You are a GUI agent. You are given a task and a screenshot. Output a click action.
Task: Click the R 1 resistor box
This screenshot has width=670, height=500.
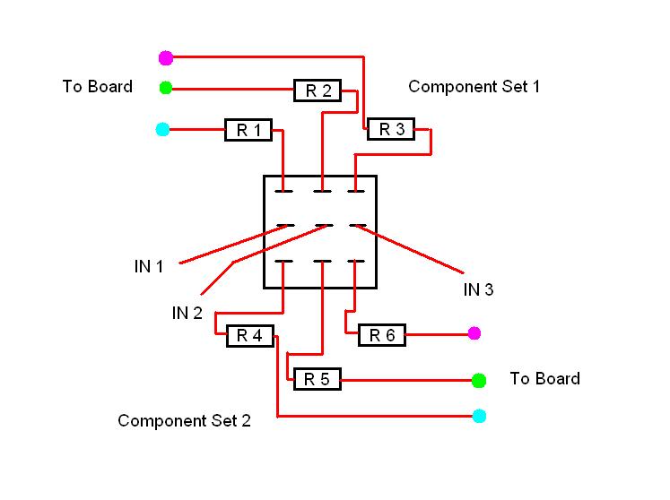(248, 130)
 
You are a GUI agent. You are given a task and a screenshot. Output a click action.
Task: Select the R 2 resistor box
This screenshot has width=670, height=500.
(318, 90)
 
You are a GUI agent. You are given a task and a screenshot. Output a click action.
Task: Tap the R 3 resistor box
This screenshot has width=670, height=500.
(391, 129)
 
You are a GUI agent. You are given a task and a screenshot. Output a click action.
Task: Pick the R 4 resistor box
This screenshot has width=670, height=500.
(248, 336)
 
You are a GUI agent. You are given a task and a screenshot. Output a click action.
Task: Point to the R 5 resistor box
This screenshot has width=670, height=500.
(317, 379)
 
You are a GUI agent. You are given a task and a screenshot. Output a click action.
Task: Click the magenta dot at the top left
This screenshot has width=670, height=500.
(165, 57)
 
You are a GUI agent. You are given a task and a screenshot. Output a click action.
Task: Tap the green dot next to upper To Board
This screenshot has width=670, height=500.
(165, 88)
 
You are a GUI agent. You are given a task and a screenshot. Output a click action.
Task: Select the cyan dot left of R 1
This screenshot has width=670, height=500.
(162, 130)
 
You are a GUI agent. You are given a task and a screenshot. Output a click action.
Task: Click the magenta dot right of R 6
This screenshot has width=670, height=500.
(474, 333)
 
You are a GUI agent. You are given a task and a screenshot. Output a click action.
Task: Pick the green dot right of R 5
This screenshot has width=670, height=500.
(479, 380)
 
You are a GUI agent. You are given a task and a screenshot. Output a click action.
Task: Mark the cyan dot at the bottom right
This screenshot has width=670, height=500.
(479, 416)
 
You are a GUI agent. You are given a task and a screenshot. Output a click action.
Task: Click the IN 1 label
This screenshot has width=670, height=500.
(148, 266)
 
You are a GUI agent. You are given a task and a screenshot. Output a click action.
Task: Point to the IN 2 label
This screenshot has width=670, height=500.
(187, 313)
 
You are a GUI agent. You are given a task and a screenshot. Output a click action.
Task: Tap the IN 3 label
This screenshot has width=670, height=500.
(478, 289)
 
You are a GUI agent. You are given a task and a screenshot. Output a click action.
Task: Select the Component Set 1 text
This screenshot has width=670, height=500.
(474, 87)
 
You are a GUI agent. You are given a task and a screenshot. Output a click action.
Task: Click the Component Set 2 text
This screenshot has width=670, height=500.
(184, 421)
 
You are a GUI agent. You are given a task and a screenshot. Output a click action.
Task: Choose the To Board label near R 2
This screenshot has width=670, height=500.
(97, 87)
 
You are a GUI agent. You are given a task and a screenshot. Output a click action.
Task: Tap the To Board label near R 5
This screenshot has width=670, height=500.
(544, 378)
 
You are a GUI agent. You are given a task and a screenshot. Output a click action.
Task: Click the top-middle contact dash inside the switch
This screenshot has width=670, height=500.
(322, 190)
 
